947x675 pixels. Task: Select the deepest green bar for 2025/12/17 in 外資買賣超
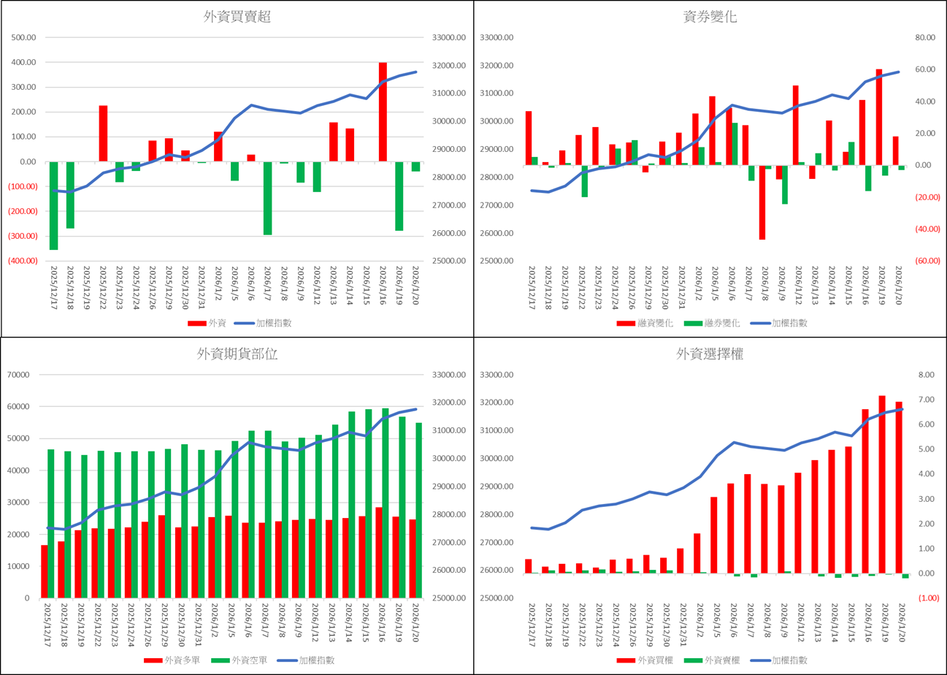point(53,205)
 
